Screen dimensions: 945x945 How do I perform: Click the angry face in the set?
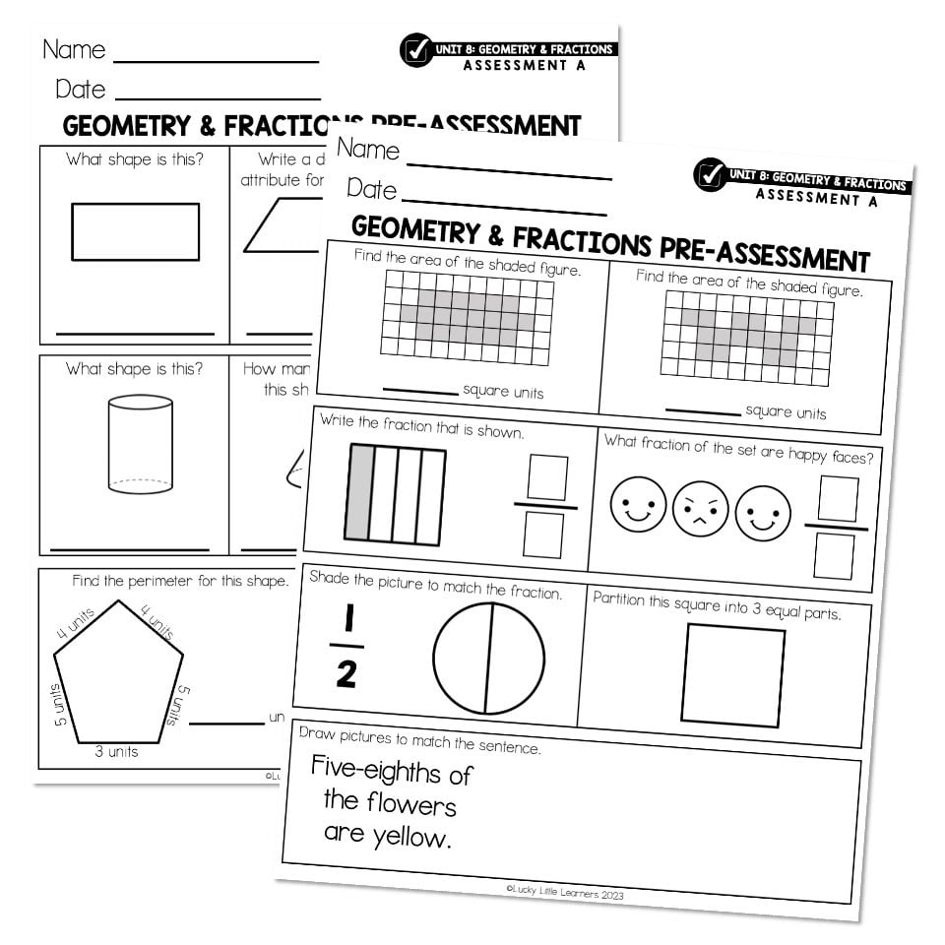(x=701, y=511)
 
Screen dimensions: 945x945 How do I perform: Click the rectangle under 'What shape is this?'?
(x=135, y=232)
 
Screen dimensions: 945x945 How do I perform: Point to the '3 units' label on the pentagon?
(x=116, y=752)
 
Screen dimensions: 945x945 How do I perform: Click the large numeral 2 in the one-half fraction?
(x=346, y=675)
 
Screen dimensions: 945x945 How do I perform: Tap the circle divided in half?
(x=488, y=659)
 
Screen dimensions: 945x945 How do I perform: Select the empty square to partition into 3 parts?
(x=732, y=675)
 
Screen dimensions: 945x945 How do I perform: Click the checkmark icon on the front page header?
(x=709, y=174)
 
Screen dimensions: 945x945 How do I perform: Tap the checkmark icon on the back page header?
(x=415, y=49)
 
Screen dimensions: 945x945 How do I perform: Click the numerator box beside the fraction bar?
(x=547, y=477)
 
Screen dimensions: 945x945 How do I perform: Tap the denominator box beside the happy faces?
(x=834, y=556)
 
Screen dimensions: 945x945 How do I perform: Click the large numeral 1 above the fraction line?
(x=347, y=620)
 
